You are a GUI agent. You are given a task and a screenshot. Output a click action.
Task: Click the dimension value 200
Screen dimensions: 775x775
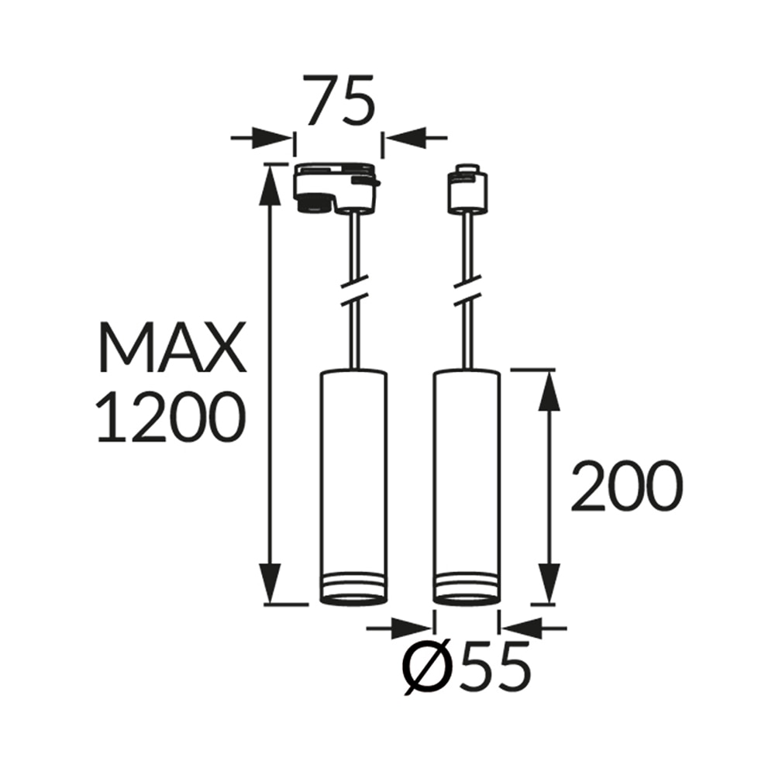[627, 486]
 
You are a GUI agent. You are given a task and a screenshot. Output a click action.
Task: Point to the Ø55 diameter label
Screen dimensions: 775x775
[467, 665]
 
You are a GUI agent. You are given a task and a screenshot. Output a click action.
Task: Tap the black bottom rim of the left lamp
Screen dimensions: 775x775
[353, 598]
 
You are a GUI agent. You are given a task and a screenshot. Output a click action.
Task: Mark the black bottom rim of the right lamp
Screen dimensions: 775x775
[467, 598]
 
